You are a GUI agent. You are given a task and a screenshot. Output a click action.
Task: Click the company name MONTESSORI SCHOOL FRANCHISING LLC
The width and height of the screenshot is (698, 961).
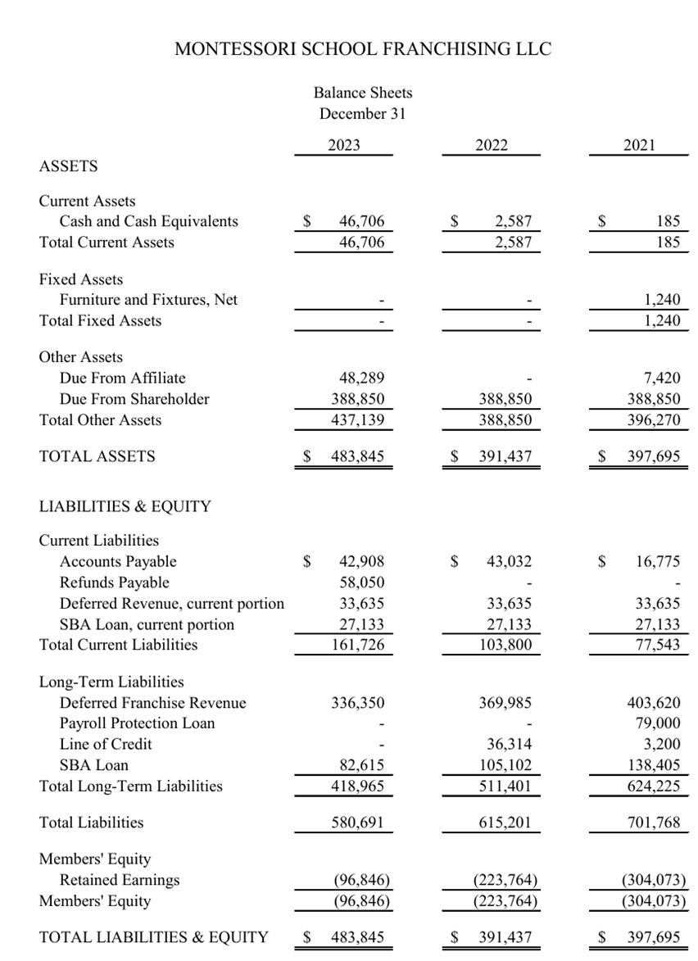point(363,49)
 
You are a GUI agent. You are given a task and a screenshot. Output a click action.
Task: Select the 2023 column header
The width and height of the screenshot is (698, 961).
point(344,145)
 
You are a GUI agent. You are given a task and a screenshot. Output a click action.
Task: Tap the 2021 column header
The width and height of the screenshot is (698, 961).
point(639,145)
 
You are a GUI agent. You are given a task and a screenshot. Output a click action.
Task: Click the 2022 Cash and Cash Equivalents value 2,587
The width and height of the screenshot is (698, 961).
point(514,221)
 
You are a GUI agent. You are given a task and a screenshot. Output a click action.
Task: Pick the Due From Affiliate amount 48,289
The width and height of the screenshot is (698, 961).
point(361,378)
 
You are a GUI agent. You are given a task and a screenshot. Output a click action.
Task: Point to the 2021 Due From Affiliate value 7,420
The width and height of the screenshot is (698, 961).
point(662,378)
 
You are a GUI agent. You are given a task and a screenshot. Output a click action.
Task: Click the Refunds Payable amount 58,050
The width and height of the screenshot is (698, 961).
point(361,582)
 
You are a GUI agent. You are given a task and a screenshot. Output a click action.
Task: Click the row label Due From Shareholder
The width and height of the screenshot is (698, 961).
point(134,399)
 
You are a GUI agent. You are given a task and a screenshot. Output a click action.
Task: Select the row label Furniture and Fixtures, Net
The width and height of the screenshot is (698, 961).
point(148,300)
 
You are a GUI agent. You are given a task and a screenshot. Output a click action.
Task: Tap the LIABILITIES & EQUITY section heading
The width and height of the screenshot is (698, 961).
point(125,506)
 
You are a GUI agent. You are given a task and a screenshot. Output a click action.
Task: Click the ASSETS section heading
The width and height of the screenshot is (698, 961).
point(68,166)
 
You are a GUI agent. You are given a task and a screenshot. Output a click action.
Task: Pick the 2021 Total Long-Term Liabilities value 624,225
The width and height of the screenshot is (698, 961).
point(652,786)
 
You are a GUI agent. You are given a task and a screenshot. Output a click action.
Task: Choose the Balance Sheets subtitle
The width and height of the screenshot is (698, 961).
point(363,93)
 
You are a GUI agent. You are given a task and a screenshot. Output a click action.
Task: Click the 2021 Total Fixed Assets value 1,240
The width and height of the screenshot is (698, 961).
point(662,321)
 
